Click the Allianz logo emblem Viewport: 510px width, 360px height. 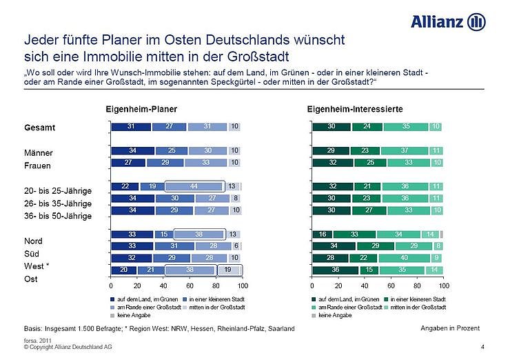pos(476,22)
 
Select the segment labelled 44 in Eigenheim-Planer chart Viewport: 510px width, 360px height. pos(194,186)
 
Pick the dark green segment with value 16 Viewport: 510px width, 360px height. pos(322,234)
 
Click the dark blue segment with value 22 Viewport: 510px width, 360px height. pos(125,186)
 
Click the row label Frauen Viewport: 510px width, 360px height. pos(39,166)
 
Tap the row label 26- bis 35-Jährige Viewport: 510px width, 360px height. pos(58,203)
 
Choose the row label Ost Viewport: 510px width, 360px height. pos(31,279)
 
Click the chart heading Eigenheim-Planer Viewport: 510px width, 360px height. pos(141,109)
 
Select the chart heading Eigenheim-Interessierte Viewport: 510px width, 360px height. pos(354,109)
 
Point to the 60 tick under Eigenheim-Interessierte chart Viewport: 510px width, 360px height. pos(391,284)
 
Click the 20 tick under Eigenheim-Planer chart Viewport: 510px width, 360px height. pos(136,284)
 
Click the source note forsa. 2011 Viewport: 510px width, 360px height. pos(39,340)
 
